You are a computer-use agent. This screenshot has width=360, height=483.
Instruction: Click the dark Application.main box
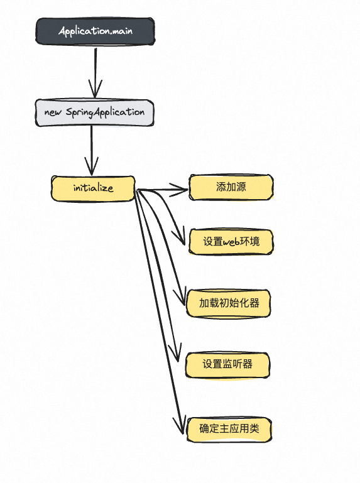point(95,31)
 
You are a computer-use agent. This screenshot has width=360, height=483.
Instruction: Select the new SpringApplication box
point(94,112)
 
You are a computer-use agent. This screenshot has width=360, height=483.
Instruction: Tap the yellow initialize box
point(93,188)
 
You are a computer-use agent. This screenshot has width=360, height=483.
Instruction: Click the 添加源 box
point(231,187)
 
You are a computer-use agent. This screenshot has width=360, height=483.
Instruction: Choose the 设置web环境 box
point(231,241)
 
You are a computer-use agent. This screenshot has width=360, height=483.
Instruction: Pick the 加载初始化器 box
point(229,303)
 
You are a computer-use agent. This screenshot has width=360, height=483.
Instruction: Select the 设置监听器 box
point(227,364)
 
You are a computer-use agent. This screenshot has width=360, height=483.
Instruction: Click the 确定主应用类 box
point(229,429)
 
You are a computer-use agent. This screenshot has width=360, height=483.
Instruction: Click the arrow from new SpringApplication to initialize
point(92,148)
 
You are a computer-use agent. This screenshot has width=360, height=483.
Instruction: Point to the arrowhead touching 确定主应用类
point(182,427)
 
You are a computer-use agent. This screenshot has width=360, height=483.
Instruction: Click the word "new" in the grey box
point(53,112)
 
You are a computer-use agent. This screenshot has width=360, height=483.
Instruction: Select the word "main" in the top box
point(119,31)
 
